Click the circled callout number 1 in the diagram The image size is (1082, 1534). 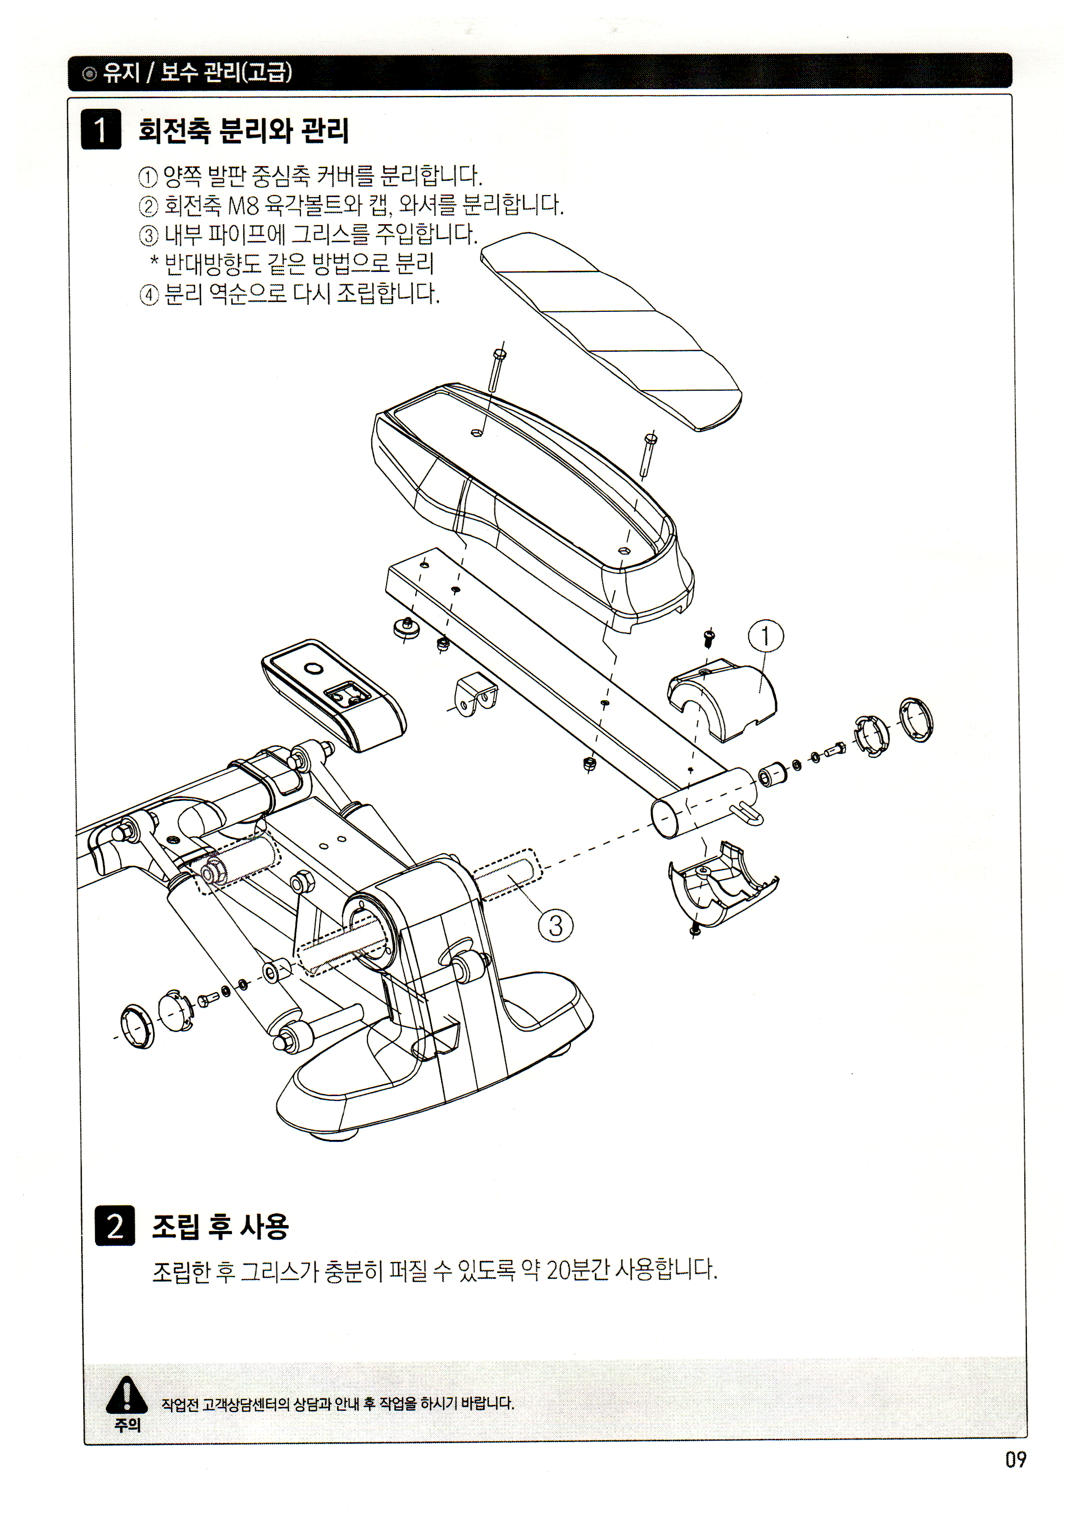pos(765,636)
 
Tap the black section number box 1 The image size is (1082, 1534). pos(101,129)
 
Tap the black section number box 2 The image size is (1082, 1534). pos(115,1226)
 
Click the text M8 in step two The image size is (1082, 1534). pos(243,205)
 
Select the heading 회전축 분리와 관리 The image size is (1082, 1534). pos(244,130)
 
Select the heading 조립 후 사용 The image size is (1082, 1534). pos(221,1227)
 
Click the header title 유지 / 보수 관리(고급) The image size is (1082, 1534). pos(197,72)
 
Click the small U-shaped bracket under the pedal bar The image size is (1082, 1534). pos(476,695)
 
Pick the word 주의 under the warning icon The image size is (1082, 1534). pos(127,1425)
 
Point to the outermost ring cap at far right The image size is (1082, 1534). pos(916,720)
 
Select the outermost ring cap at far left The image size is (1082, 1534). pos(137,1026)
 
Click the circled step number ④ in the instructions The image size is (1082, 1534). pos(148,295)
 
